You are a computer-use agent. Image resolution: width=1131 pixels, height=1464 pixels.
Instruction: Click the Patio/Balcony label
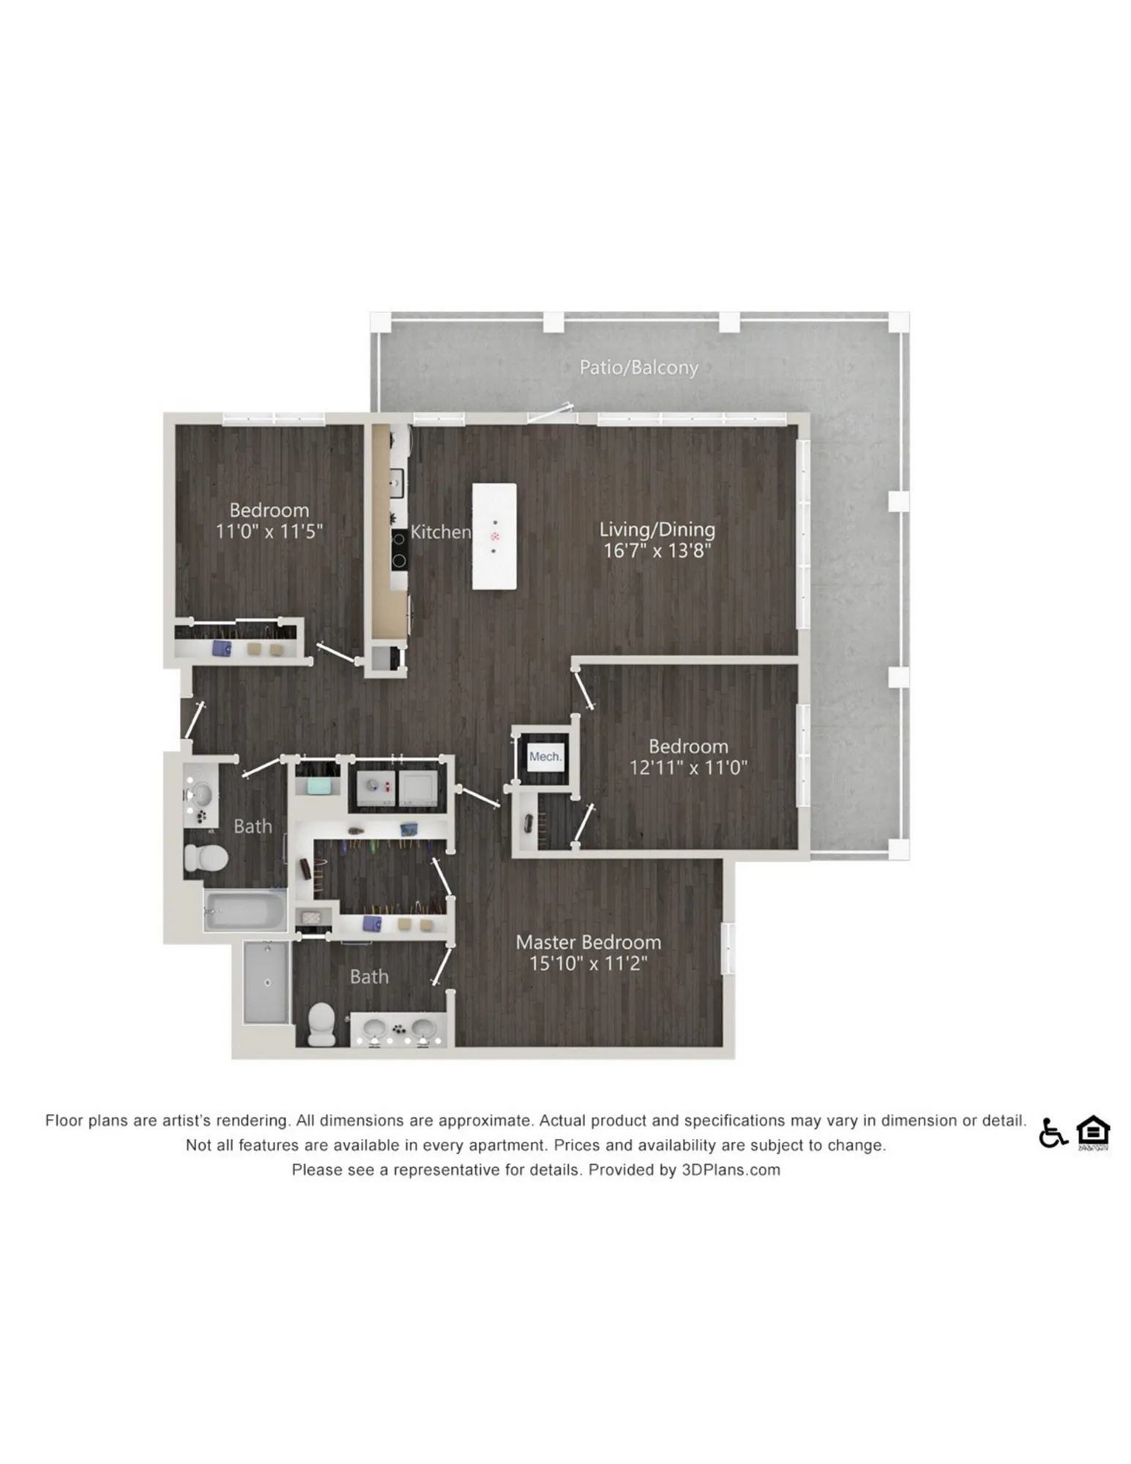[x=638, y=367]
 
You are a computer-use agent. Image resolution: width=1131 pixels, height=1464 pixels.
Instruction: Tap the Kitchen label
[x=440, y=532]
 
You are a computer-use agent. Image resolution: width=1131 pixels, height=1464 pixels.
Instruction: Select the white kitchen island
[x=494, y=536]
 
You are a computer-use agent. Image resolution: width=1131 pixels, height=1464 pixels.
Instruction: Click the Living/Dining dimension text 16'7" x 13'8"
[x=657, y=550]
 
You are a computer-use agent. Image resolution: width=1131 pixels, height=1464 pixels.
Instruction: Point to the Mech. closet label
[x=545, y=757]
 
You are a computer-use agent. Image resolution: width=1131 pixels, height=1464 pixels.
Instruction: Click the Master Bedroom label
[x=589, y=942]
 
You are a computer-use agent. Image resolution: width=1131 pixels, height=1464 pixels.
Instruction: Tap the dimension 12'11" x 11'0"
[x=688, y=768]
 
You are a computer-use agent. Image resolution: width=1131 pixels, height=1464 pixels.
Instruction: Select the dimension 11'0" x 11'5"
[x=269, y=531]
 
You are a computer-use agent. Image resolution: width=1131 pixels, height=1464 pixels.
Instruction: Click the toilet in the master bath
[x=321, y=1023]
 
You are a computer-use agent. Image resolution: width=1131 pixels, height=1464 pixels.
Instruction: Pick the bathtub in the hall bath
[x=245, y=910]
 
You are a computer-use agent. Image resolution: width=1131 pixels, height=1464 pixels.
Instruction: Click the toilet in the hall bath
[x=206, y=857]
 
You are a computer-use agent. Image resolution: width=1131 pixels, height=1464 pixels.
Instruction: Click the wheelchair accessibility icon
[x=1053, y=1132]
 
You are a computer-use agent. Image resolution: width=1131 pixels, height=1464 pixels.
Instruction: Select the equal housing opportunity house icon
[x=1093, y=1132]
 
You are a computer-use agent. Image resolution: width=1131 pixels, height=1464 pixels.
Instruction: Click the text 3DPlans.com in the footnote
[x=731, y=1170]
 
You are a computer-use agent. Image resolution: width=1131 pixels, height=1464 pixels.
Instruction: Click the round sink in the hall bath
[x=201, y=793]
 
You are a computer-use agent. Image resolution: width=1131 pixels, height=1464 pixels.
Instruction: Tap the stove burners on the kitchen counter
[x=400, y=550]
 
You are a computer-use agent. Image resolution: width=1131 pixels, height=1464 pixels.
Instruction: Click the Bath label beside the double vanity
[x=369, y=976]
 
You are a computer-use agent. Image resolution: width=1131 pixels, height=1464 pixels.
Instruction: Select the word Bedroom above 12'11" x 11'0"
[x=688, y=747]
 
